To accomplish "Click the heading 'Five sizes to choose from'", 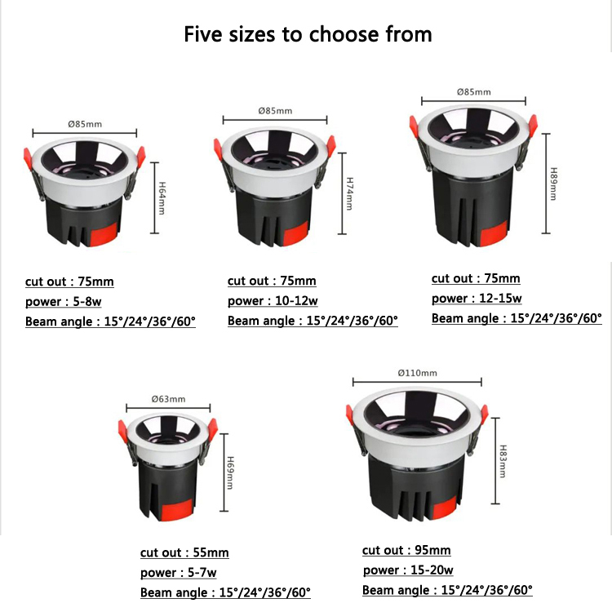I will pos(308,34).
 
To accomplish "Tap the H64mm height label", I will pos(162,197).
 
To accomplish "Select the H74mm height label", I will pos(349,193).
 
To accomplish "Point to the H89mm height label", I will pos(552,186).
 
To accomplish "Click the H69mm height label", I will pos(230,472).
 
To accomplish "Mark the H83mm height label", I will pos(503,461).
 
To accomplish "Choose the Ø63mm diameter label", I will pos(169,399).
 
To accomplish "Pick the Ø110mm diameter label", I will pos(417,373).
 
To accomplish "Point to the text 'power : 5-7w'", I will pos(179,573).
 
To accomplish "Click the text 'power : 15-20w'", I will pos(408,570).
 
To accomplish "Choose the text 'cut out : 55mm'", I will pos(184,553).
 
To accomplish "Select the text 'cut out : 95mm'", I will pos(406,551).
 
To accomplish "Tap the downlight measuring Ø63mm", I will pos(168,464).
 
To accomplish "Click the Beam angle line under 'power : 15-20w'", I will pos(447,590).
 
